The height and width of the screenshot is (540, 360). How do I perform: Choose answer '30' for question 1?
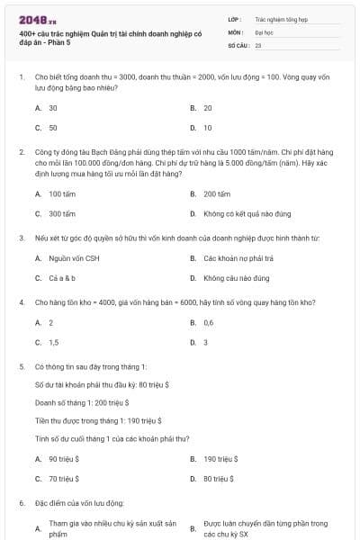click(53, 107)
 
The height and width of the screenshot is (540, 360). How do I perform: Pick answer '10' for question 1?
click(208, 128)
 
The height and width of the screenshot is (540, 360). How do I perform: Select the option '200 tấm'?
click(217, 193)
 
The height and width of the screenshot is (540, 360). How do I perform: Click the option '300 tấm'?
click(62, 214)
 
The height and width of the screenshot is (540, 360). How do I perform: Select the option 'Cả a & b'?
click(62, 279)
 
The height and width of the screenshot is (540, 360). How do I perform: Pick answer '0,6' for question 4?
click(209, 322)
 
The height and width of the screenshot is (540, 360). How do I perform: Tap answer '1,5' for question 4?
click(54, 343)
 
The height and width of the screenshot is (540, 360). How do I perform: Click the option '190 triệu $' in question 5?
click(220, 458)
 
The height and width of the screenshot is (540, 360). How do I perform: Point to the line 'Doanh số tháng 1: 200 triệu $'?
click(82, 402)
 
